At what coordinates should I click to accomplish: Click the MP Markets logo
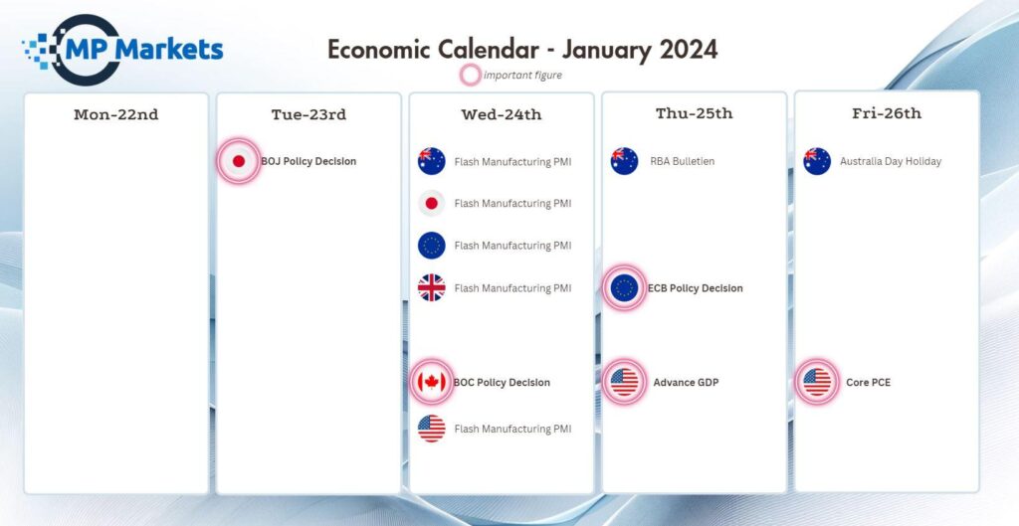point(122,50)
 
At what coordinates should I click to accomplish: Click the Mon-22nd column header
point(116,115)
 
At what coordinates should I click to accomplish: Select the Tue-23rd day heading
point(308,115)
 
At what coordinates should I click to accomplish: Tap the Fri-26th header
point(887,113)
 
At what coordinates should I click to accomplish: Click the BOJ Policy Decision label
point(308,162)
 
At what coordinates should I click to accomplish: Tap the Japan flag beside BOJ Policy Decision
point(239,161)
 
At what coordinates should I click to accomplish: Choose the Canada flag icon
point(432,382)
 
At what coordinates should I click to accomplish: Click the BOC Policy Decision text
point(502,383)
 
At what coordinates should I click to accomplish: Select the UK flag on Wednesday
point(432,287)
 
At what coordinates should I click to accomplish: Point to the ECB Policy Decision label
point(696,288)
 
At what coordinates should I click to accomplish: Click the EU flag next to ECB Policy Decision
point(625,287)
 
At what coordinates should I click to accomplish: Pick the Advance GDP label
point(687,383)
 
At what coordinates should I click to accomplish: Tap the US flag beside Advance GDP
point(625,382)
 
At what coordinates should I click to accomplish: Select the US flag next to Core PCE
point(817,382)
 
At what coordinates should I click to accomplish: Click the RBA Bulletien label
point(683,162)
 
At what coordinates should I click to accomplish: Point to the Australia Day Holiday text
point(891,162)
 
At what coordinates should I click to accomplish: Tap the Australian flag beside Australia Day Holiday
point(817,161)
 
